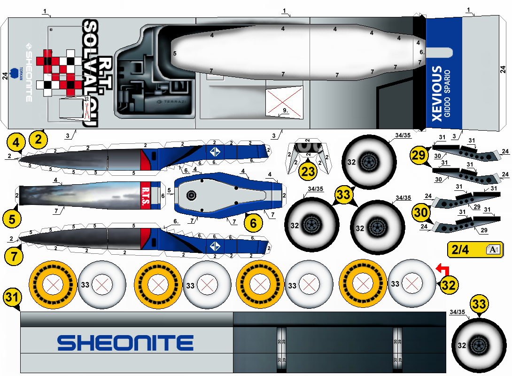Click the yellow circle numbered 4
[x=16, y=142]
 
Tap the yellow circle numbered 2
[x=39, y=139]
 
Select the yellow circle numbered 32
[x=450, y=284]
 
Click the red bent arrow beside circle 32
[x=442, y=269]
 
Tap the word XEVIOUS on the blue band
[x=436, y=94]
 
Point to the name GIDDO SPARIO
[x=447, y=94]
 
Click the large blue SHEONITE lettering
[x=125, y=343]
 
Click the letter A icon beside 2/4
[x=493, y=250]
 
